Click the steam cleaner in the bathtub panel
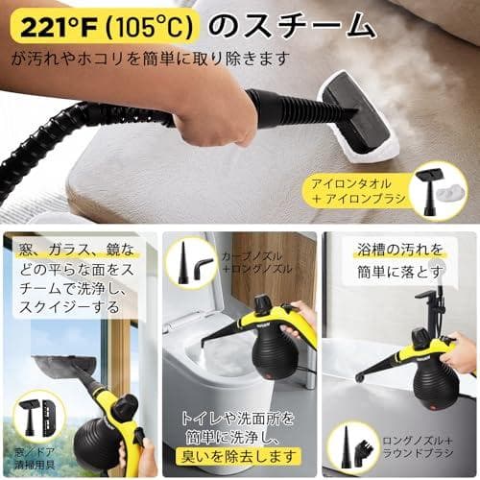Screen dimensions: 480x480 (x=422, y=360)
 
